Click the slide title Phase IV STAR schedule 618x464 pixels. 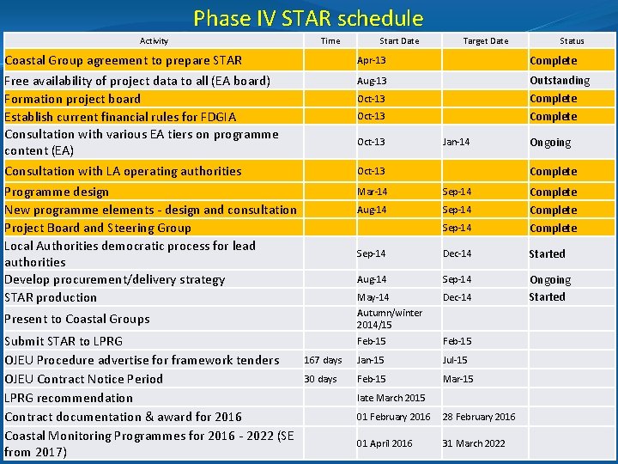308,18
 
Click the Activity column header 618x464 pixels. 154,40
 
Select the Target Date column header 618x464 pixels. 486,40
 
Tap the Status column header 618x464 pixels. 572,40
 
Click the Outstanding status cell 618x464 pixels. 560,80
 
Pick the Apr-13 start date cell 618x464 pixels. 372,61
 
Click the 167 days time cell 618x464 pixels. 323,360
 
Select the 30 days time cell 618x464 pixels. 320,379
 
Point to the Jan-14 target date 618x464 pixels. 456,142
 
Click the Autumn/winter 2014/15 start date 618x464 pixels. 378,319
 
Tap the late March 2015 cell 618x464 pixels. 391,398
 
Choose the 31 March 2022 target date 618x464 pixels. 474,443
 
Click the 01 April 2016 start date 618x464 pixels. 385,443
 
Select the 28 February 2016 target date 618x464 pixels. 479,417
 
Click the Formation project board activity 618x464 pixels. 73,99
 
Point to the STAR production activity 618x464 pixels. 51,297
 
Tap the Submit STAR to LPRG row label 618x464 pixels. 64,341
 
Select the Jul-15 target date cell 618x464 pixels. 455,360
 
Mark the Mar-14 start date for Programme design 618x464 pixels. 372,192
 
